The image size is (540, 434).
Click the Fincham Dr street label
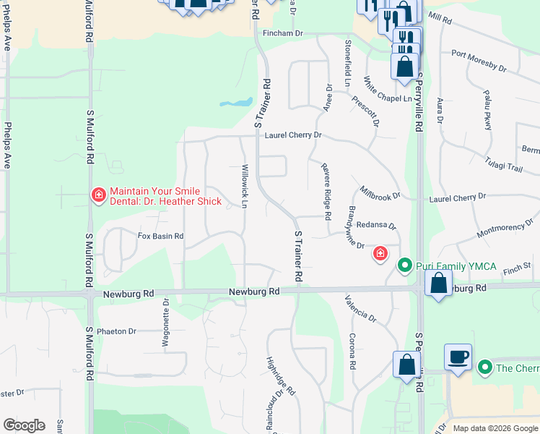[x=283, y=33]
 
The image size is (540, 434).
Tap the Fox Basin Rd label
[x=160, y=236]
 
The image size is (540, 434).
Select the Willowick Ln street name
[x=245, y=186]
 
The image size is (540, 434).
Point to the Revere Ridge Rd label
[x=326, y=191]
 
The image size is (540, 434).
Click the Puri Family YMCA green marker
[x=405, y=267]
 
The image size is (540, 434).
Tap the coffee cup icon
[x=458, y=357]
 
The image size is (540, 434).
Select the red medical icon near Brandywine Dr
[x=380, y=254]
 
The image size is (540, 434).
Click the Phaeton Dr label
[x=117, y=331]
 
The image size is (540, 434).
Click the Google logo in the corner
[x=24, y=425]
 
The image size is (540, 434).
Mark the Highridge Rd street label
[x=281, y=377]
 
